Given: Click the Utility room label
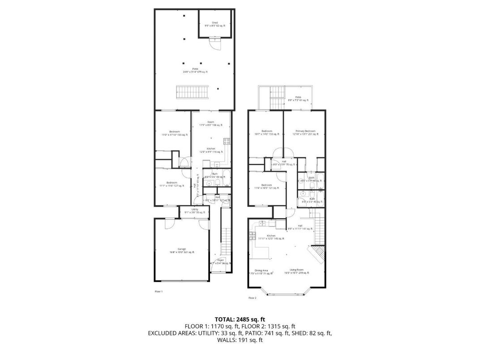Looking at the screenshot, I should point(195,210).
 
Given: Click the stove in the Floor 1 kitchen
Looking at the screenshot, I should point(227,141).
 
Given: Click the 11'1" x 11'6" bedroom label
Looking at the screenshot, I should point(172,184).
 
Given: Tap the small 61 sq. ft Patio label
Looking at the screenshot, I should point(298,99).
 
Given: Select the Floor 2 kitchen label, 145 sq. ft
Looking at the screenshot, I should point(271,237).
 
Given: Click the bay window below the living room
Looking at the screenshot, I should point(287,294).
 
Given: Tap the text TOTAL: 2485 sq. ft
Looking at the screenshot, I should point(240,319).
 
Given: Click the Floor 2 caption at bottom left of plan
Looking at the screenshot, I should point(252,297).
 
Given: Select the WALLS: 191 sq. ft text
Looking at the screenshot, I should point(240,340).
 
